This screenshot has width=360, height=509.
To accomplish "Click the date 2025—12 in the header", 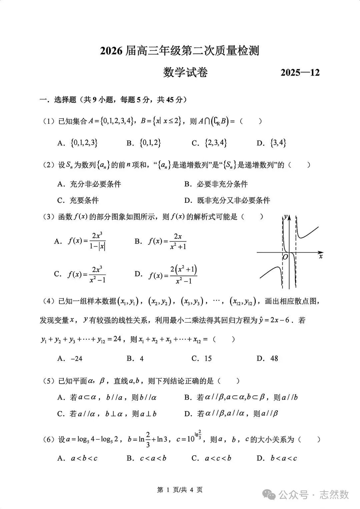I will coord(300,72).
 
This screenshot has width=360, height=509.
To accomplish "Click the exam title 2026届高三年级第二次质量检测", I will coord(180,51).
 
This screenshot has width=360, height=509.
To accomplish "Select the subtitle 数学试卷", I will coord(185,72).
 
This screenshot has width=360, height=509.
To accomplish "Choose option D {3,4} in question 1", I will coord(271,143).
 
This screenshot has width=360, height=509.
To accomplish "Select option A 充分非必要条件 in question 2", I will coord(89,184).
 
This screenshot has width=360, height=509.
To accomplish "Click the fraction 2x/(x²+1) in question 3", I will coord(178,241).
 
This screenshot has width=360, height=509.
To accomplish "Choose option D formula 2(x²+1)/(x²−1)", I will coord(183,275).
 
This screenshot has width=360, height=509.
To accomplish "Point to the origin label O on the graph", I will coord(285,257).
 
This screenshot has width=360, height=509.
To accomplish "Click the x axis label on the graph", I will coord(321,257).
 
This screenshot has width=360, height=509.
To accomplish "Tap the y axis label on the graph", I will coord(286,217).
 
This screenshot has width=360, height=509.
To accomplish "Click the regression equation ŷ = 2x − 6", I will coord(277,320).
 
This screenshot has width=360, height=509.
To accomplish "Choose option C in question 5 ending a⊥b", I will coord(107,414).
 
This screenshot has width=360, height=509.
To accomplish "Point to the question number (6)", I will coord(49,440).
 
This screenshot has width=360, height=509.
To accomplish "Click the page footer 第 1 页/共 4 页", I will coord(180,490).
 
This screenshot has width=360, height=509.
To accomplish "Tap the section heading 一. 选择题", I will coord(58,100).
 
